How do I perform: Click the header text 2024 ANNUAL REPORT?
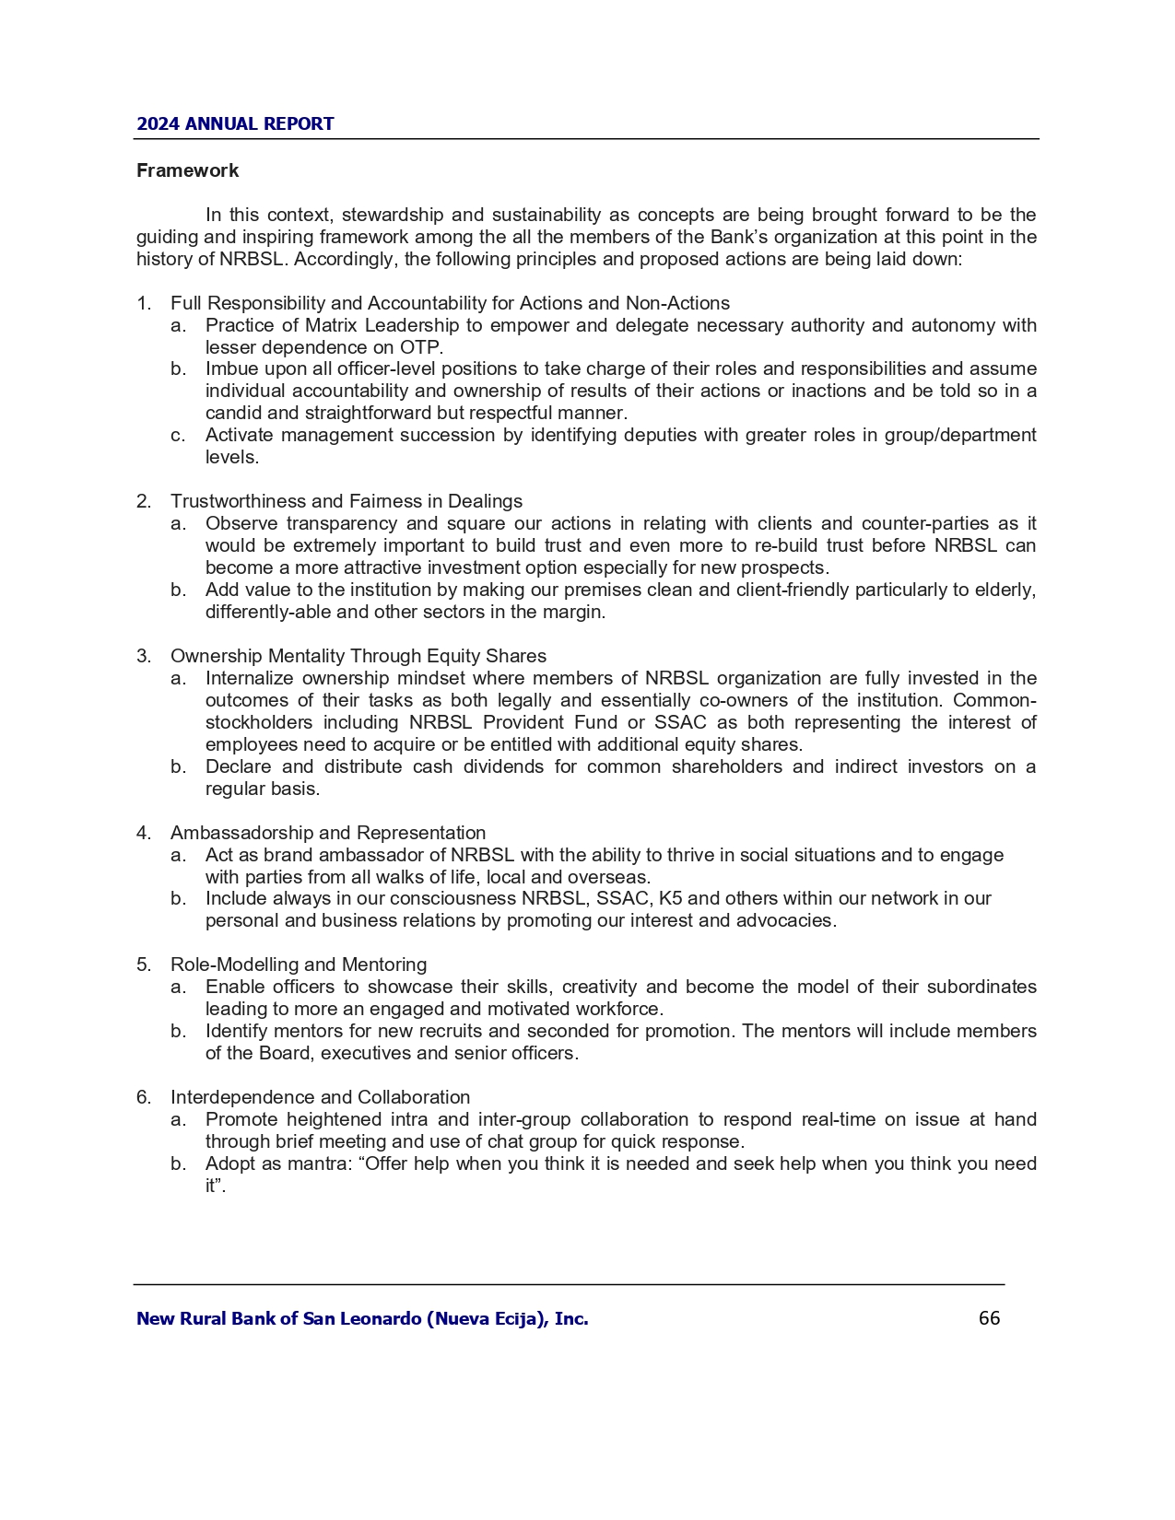coord(235,124)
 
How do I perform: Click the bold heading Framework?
coord(187,170)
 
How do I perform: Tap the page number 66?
coord(989,1318)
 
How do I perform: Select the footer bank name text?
coord(362,1319)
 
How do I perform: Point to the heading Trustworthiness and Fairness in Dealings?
coord(346,501)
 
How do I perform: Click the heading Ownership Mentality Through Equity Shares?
coord(358,656)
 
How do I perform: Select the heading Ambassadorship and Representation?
coord(327,833)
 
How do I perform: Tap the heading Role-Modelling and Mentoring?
coord(298,965)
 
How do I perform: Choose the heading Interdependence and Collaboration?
coord(320,1097)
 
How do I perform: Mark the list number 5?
coord(143,965)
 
